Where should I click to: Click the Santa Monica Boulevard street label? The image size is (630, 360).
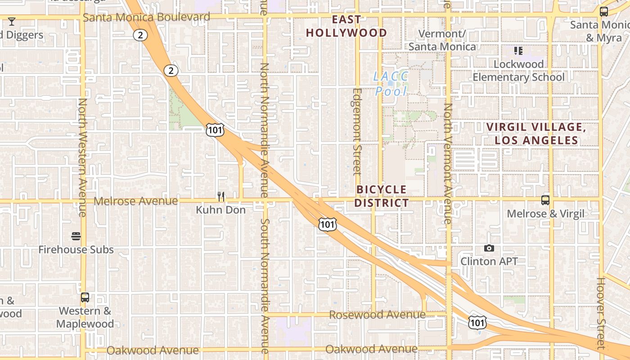click(x=146, y=17)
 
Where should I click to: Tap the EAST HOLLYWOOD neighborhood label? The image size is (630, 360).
click(x=346, y=26)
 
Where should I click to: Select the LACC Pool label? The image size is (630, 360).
click(x=391, y=84)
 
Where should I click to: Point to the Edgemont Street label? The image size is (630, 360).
click(x=357, y=131)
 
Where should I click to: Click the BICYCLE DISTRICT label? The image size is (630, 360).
click(x=382, y=196)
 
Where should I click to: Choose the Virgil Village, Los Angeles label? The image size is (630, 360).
click(x=536, y=134)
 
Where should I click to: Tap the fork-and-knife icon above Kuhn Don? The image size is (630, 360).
click(x=221, y=197)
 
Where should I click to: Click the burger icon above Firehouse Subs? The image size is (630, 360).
click(x=76, y=236)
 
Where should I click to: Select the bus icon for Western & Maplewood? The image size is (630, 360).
click(x=85, y=297)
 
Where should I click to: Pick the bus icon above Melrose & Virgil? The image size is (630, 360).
click(x=545, y=200)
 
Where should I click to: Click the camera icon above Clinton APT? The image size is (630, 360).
click(x=489, y=248)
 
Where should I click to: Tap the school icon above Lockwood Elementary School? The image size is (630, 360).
click(x=518, y=51)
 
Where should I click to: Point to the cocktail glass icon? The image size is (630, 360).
click(x=12, y=21)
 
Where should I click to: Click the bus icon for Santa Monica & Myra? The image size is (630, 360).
click(x=604, y=12)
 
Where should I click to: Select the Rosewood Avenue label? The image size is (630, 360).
click(x=377, y=315)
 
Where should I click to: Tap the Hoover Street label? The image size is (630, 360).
click(x=601, y=313)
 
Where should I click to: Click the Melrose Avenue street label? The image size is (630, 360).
click(x=135, y=201)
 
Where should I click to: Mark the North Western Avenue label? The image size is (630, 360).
click(x=83, y=157)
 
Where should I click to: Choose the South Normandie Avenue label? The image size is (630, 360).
click(x=265, y=286)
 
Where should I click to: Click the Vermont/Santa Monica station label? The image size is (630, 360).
click(x=441, y=40)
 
